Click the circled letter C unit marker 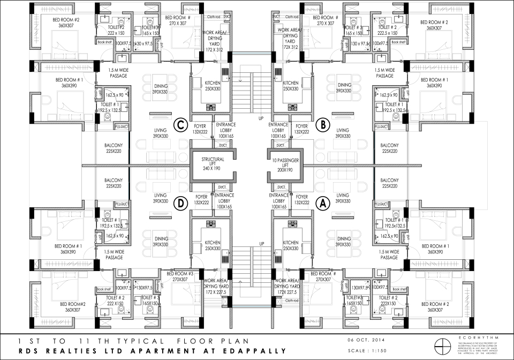click(x=181, y=125)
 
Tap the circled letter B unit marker click(x=322, y=125)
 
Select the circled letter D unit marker click(x=181, y=203)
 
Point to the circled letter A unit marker click(x=322, y=203)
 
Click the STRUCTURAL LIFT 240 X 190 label click(x=213, y=163)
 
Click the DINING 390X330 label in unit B click(x=344, y=88)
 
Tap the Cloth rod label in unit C click(x=215, y=17)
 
